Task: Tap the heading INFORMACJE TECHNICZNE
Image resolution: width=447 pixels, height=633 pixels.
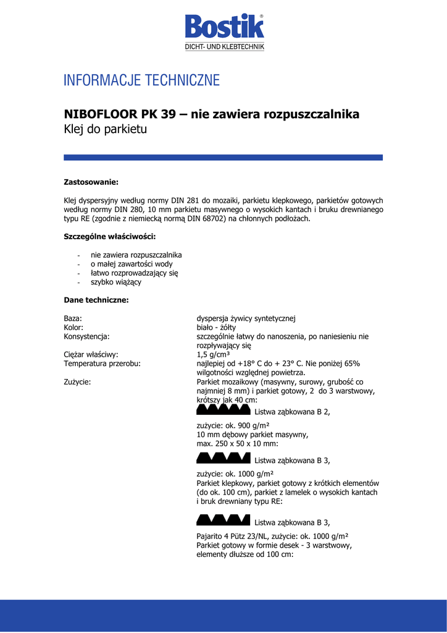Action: [x=141, y=80]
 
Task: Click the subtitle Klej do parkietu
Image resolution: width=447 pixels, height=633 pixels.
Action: [x=106, y=130]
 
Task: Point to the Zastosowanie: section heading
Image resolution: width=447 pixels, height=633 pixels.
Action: [x=91, y=182]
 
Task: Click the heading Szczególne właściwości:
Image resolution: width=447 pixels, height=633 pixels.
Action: [x=110, y=237]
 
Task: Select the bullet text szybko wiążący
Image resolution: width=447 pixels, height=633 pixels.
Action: [x=115, y=282]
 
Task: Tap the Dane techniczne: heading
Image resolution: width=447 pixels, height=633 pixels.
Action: [x=96, y=300]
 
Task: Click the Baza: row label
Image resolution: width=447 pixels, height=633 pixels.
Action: [x=73, y=318]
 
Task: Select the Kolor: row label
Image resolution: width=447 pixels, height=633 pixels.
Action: [x=73, y=328]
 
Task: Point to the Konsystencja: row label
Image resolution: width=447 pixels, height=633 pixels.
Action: [x=86, y=336]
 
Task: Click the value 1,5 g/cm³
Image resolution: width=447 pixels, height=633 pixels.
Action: [x=213, y=355]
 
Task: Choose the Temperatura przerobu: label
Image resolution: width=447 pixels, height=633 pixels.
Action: [x=102, y=363]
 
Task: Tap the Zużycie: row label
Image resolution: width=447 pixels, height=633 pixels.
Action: [x=77, y=381]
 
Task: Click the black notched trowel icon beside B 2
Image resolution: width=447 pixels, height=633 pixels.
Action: [x=223, y=410]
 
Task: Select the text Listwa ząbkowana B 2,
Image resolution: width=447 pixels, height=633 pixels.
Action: [x=292, y=412]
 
